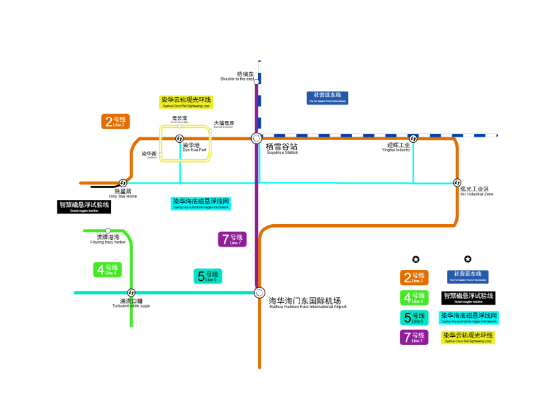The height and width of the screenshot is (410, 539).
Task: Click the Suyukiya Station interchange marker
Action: tap(256, 137)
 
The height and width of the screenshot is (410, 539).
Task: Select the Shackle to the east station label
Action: tap(237, 76)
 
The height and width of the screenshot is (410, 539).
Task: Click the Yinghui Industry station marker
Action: tap(413, 139)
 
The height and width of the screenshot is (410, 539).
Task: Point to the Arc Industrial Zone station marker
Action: tap(456, 182)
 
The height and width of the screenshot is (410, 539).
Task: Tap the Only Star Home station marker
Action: tap(123, 182)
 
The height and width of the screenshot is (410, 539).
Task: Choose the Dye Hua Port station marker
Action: tap(179, 138)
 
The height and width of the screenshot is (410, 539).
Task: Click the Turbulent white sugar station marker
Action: tap(131, 292)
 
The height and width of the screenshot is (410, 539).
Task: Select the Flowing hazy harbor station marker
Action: tap(108, 230)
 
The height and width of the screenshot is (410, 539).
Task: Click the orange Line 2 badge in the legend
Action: tap(414, 277)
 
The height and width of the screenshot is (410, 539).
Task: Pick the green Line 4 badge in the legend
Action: tap(414, 297)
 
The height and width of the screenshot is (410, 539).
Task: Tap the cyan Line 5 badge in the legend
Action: tap(414, 317)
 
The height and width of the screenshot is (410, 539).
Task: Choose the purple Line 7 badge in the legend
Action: tap(414, 337)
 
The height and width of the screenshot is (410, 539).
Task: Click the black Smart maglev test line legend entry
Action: tap(467, 297)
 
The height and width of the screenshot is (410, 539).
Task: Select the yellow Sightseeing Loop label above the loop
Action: tap(186, 102)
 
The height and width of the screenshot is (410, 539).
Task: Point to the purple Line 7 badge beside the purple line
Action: tap(232, 239)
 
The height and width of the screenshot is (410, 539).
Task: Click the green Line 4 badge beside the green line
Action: tap(107, 269)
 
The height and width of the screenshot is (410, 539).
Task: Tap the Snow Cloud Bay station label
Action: tap(179, 120)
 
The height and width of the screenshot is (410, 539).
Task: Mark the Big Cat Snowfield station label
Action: tap(224, 124)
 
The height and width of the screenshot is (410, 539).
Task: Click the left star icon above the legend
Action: tap(416, 259)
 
